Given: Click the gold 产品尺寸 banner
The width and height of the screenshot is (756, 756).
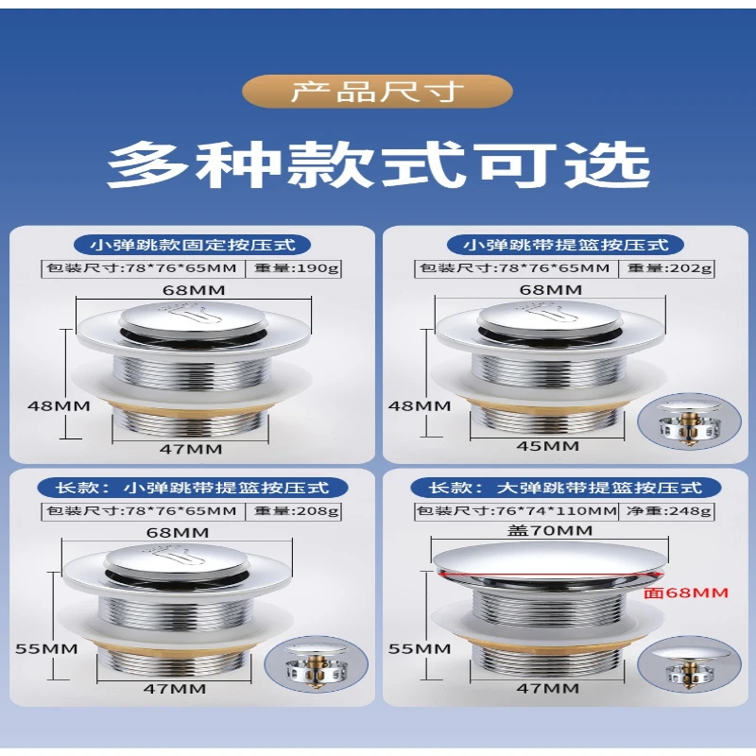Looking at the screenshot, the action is (376, 91).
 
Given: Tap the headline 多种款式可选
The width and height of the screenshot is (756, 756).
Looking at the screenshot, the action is (379, 164).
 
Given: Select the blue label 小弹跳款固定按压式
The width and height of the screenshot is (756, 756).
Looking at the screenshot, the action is (192, 245).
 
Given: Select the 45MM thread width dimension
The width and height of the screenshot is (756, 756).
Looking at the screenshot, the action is (548, 446).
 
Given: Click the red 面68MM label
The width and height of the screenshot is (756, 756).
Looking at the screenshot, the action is (686, 593).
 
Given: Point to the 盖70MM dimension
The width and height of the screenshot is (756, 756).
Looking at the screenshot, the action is (550, 530).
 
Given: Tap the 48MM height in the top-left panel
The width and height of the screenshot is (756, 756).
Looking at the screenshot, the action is (59, 406).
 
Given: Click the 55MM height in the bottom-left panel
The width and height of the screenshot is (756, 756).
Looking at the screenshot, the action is (46, 649).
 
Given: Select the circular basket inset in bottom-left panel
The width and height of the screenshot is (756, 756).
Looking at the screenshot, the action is (316, 664).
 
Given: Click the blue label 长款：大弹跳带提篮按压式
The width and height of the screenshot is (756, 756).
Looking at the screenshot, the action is (565, 488).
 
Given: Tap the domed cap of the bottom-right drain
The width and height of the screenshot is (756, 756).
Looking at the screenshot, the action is (549, 559).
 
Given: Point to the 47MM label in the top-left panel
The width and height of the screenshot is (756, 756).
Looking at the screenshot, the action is (191, 449).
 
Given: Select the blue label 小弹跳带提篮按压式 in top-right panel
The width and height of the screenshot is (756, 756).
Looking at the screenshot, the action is (565, 245).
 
